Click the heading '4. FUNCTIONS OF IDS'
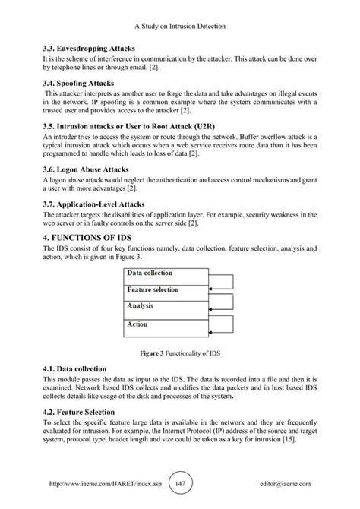coord(92,239)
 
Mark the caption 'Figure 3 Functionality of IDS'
coord(180,353)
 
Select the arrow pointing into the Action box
coord(220,321)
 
